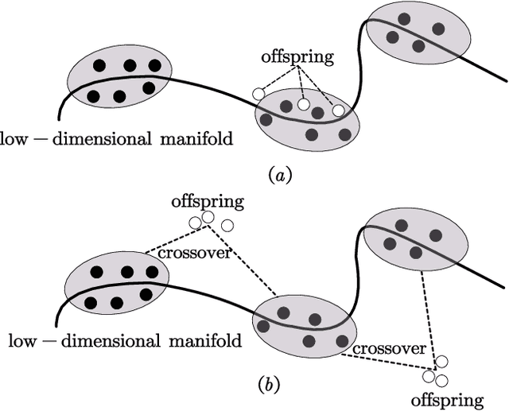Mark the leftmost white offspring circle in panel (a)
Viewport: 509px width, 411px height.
click(258, 94)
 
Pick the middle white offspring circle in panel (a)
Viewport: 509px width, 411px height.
click(303, 104)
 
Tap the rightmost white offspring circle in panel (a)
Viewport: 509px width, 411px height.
click(339, 110)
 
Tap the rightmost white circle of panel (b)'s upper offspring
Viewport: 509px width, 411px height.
click(227, 226)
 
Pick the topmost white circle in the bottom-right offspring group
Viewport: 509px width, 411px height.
click(441, 362)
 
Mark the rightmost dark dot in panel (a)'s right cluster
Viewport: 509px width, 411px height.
click(438, 29)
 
